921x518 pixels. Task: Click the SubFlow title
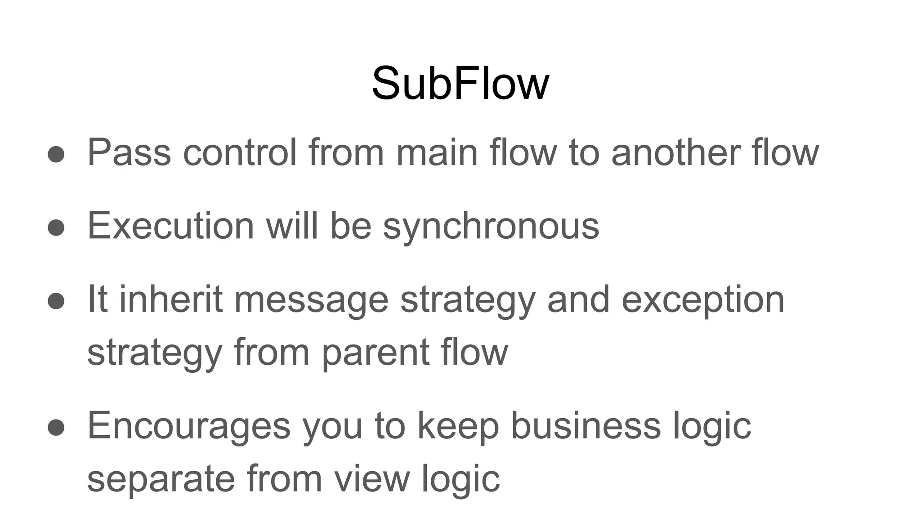[x=460, y=84]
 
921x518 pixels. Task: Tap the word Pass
[x=129, y=152]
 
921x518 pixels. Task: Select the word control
[x=240, y=152]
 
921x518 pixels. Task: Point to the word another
[x=675, y=152]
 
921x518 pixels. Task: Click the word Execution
[x=171, y=226]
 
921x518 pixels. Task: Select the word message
[x=311, y=300]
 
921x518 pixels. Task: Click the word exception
[x=702, y=300]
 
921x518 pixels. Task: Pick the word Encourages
[x=189, y=426]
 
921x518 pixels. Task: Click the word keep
[x=458, y=426]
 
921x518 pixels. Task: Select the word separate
[x=161, y=478]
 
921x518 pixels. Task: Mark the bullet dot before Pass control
[x=56, y=154]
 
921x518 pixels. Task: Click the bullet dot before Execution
[x=56, y=227]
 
